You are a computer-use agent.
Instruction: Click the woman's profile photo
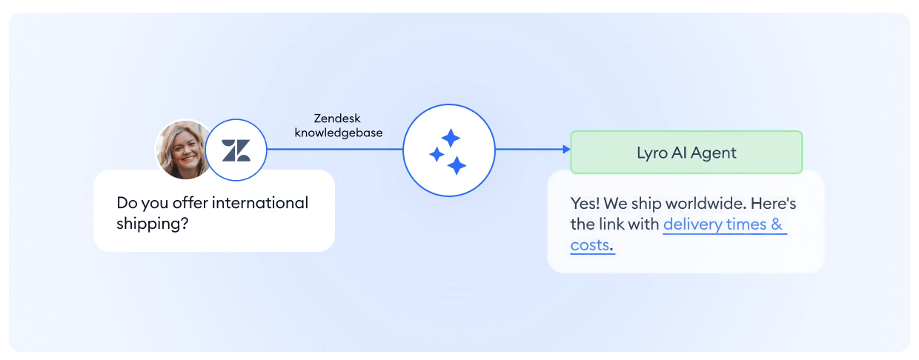pyautogui.click(x=182, y=150)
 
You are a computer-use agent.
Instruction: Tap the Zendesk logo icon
pyautogui.click(x=236, y=150)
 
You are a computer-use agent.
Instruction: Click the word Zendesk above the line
pyautogui.click(x=336, y=119)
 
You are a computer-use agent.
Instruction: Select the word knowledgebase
pyautogui.click(x=339, y=133)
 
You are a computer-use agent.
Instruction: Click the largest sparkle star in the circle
pyautogui.click(x=457, y=166)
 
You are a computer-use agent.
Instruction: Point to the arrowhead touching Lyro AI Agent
pyautogui.click(x=566, y=149)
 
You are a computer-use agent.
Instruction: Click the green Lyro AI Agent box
pyautogui.click(x=686, y=152)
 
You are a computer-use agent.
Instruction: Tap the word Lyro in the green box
pyautogui.click(x=652, y=153)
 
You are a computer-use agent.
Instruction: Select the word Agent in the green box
pyautogui.click(x=714, y=153)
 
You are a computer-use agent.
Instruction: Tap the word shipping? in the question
pyautogui.click(x=152, y=224)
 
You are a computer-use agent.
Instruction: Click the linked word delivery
pyautogui.click(x=693, y=224)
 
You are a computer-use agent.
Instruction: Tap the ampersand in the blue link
pyautogui.click(x=777, y=224)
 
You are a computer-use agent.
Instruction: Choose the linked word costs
pyautogui.click(x=589, y=245)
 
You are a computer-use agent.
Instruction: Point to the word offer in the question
pyautogui.click(x=190, y=202)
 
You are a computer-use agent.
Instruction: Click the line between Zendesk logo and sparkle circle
pyautogui.click(x=335, y=149)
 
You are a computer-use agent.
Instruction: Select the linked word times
pyautogui.click(x=746, y=224)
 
